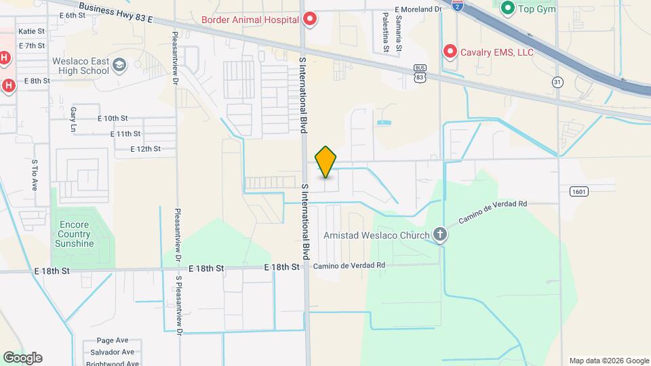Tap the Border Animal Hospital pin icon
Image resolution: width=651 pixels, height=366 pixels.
310,19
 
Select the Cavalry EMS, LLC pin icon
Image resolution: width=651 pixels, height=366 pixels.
449,52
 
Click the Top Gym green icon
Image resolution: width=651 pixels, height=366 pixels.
507,9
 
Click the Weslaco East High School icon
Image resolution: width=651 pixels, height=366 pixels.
120,65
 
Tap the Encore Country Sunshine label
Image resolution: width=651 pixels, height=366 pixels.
75,235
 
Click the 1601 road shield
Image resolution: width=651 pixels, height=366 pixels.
578,192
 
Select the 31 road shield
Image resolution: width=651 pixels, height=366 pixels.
557,81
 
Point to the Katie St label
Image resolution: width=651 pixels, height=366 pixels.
32,31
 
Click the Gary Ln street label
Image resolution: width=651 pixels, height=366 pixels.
73,119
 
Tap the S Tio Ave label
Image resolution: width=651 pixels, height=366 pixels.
34,175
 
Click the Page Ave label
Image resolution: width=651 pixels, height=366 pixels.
113,340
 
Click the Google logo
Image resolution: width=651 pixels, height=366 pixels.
22,358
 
